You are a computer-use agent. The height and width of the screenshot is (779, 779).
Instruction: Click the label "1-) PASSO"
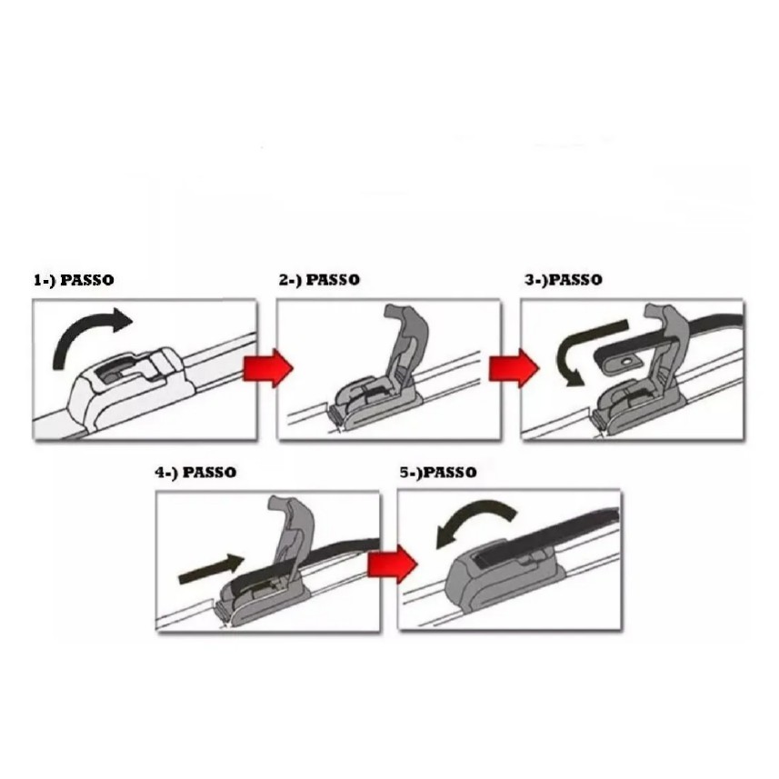click(74, 280)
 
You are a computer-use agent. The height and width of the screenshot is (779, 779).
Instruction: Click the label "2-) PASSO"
click(319, 280)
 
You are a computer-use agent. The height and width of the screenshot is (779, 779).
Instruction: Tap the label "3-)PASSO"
click(564, 280)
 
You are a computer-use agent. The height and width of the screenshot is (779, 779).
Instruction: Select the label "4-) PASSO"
click(195, 472)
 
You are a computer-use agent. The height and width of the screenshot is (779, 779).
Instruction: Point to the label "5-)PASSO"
click(438, 472)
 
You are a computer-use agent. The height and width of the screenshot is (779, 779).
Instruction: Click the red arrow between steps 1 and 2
click(268, 368)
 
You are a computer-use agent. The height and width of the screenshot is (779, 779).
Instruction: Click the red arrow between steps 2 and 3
click(514, 368)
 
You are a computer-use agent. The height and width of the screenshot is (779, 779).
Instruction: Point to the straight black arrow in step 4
click(211, 569)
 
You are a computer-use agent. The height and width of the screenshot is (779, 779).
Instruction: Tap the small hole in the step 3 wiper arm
click(626, 361)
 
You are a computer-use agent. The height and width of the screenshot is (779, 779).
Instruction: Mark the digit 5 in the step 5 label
click(404, 472)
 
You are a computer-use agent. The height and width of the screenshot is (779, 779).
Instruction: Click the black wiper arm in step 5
click(546, 536)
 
